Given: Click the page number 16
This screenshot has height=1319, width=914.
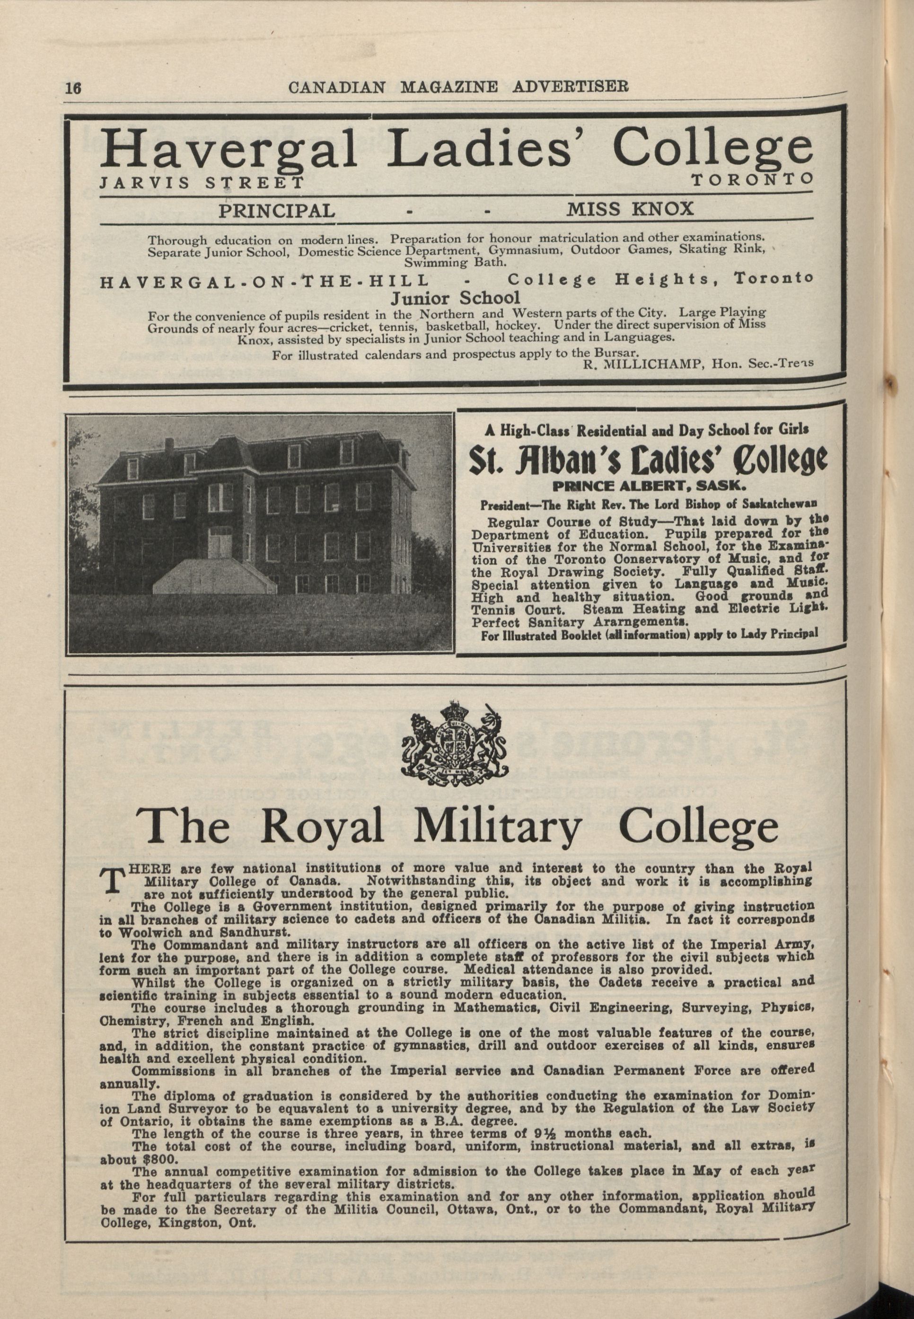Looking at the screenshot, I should click(x=73, y=88).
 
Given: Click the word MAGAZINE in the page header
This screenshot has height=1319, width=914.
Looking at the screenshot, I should click(x=449, y=87).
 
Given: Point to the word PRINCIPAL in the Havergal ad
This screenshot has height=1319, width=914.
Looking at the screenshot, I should click(x=277, y=211).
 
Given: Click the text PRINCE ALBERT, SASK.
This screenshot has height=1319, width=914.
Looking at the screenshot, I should click(x=649, y=487).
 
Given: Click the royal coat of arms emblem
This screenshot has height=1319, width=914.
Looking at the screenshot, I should click(x=456, y=738).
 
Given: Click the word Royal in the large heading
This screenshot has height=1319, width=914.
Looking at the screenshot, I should click(x=323, y=826).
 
